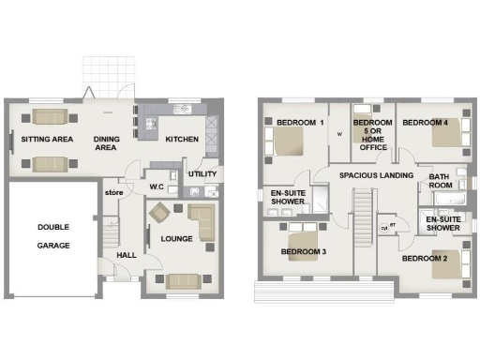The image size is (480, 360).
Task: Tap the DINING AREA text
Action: [x=105, y=143]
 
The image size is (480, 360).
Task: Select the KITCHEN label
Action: [x=183, y=140]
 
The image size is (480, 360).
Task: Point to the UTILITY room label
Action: [x=202, y=174]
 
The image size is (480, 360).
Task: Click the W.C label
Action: [x=157, y=186]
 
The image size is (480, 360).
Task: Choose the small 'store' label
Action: [x=114, y=192]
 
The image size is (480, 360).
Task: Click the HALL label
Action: [x=127, y=254]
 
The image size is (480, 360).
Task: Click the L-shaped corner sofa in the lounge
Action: [x=202, y=221]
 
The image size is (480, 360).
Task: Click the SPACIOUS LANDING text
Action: [x=376, y=175]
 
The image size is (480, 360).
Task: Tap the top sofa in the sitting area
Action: [x=49, y=117]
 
